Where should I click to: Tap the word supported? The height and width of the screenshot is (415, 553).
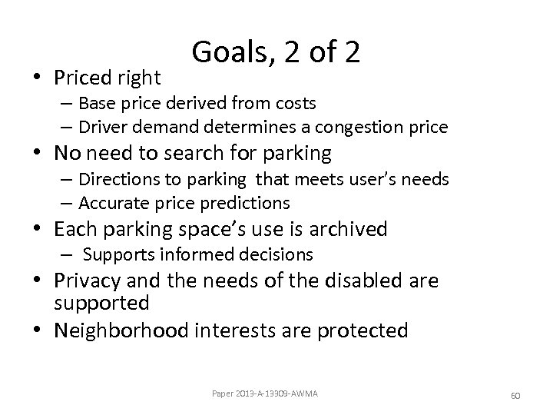pyautogui.click(x=101, y=302)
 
